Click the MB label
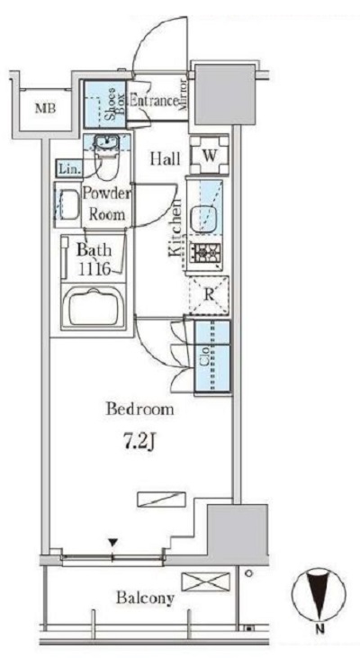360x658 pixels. [x=45, y=109]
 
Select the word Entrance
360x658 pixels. [x=154, y=101]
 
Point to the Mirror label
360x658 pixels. [x=183, y=95]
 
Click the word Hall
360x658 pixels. [x=166, y=158]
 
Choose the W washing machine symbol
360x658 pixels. [x=210, y=155]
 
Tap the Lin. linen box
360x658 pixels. [x=68, y=169]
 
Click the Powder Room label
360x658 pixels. [x=107, y=204]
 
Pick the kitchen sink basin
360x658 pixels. [x=204, y=218]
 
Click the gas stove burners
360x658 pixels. [x=205, y=253]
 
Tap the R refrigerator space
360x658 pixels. [x=209, y=295]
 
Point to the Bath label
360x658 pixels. [x=94, y=250]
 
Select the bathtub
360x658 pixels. [x=94, y=306]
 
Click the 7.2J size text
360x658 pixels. [x=140, y=445]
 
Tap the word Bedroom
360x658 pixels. [x=139, y=409]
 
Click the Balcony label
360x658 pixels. [x=145, y=598]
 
